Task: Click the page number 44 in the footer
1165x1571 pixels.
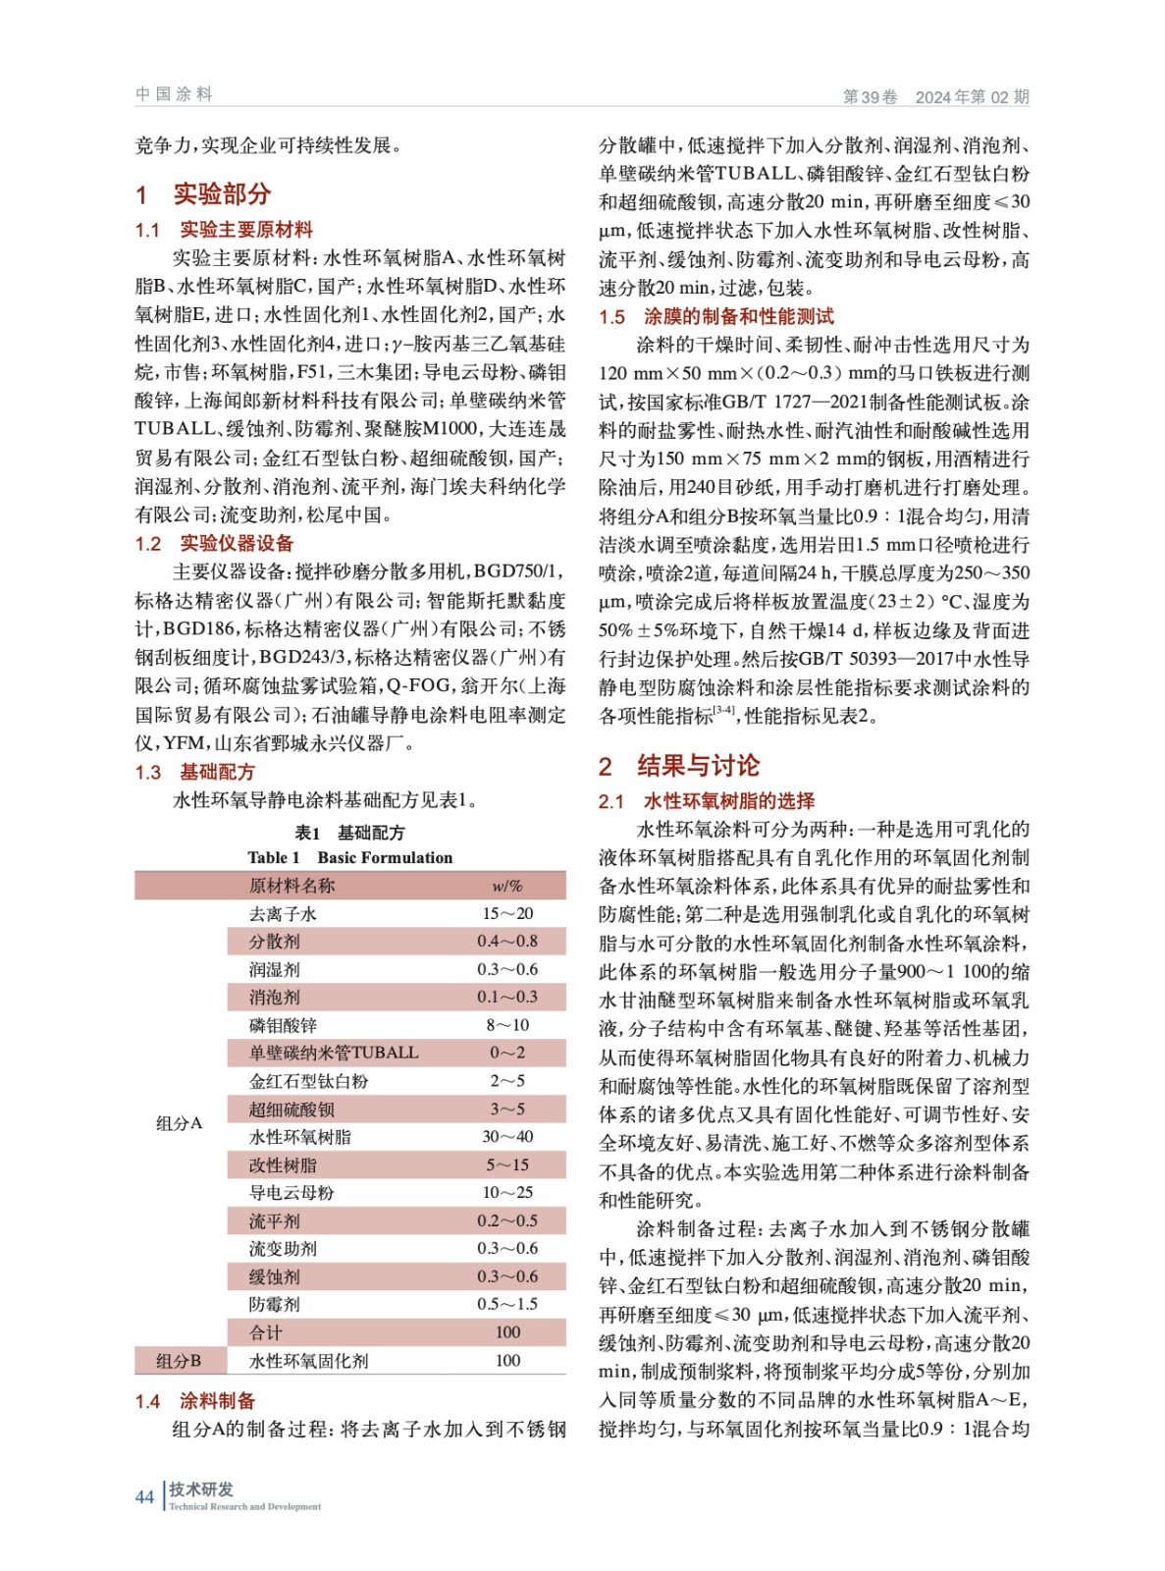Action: coord(144,1496)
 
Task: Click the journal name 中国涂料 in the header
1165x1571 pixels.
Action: coord(174,94)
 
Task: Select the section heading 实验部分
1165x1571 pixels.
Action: coord(222,193)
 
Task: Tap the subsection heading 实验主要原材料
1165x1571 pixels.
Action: coord(245,230)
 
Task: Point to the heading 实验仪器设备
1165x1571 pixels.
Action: coord(236,543)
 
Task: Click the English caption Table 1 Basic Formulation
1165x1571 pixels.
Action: coord(349,857)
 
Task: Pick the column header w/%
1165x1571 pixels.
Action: coord(506,886)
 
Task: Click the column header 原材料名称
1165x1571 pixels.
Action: coord(291,886)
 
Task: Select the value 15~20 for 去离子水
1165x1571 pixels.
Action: coord(506,913)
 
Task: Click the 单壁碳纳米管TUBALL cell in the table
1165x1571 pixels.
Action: coord(334,1053)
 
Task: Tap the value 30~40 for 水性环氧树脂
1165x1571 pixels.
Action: coord(506,1136)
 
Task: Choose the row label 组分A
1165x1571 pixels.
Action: coord(179,1123)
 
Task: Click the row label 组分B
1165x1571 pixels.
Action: coord(179,1360)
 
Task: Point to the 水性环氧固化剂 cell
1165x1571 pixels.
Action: coord(308,1360)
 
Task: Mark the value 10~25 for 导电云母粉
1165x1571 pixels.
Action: coord(506,1192)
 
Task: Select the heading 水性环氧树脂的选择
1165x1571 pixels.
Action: coord(728,801)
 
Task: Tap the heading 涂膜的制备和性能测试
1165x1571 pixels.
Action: coord(738,316)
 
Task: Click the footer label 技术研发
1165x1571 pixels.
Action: coord(201,1489)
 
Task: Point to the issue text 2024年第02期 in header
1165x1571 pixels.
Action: coord(972,96)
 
